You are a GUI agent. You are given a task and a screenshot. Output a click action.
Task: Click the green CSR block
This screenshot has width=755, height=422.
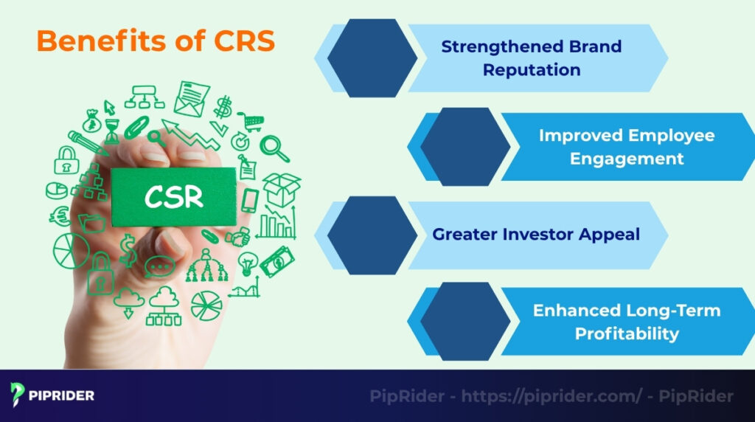(x=174, y=197)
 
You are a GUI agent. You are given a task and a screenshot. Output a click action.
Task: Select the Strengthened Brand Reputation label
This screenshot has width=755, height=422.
(x=531, y=58)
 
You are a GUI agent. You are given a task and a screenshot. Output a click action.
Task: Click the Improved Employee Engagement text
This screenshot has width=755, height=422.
(x=626, y=147)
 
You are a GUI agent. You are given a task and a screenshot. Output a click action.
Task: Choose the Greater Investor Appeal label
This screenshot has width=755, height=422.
(x=536, y=235)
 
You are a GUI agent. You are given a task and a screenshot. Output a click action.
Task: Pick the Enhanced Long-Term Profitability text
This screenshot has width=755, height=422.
(x=626, y=322)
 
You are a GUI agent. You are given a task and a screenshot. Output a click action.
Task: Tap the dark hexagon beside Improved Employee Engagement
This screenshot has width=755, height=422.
(x=465, y=147)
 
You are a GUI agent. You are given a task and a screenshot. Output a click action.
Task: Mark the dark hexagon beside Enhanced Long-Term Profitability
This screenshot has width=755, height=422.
(x=465, y=322)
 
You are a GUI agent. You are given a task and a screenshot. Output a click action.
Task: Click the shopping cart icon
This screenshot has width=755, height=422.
(x=250, y=121)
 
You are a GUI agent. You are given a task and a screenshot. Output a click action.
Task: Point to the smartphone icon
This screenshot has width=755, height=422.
(x=251, y=200)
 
